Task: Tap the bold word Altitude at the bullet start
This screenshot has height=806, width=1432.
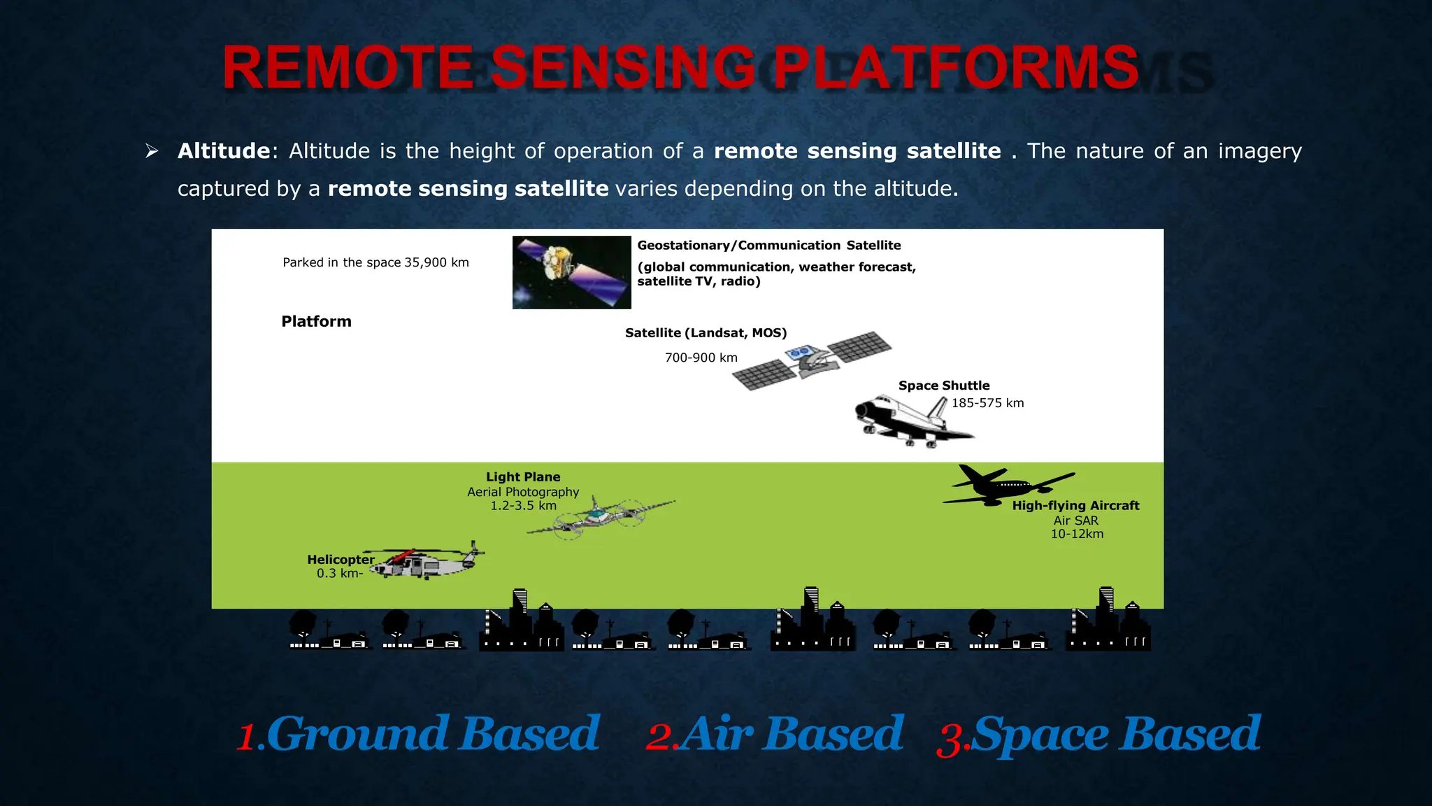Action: (224, 151)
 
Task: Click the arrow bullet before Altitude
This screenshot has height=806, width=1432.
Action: (152, 151)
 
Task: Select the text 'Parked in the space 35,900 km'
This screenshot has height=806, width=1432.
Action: (375, 262)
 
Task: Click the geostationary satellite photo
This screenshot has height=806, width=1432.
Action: (571, 272)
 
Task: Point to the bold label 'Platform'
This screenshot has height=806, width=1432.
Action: (316, 321)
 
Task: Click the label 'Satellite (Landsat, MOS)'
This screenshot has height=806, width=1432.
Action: (706, 333)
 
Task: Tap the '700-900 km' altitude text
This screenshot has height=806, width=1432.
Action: (701, 358)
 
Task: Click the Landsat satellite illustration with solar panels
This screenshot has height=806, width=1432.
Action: (811, 360)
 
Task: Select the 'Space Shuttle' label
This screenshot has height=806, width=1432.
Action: (943, 386)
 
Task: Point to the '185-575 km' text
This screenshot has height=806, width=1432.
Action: (987, 403)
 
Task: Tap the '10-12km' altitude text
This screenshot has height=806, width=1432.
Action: (1077, 534)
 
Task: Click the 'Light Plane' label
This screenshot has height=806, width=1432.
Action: (523, 477)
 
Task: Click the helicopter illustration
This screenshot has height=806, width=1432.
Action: (427, 561)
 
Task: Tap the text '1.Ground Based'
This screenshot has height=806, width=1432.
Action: (418, 735)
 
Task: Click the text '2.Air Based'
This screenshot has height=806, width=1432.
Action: (775, 735)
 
